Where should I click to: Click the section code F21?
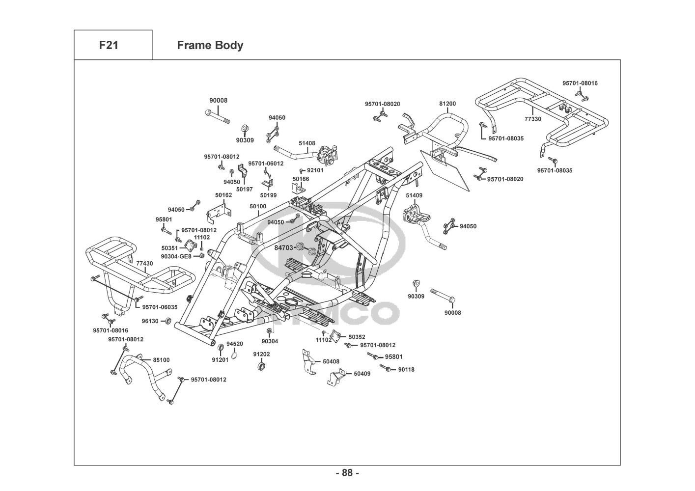point(109,45)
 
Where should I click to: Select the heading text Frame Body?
point(210,45)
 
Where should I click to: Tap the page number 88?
point(347,473)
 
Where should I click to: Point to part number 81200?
point(447,104)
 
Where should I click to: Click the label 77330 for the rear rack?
point(533,119)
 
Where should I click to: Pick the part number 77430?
point(144,264)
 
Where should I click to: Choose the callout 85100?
point(161,360)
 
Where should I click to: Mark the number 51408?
point(307,143)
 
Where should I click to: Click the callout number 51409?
point(414,195)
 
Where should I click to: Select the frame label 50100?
point(258,206)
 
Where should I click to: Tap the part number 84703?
point(284,248)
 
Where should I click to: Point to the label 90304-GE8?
point(176,256)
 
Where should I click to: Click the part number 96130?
point(150,321)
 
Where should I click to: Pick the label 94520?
point(235,344)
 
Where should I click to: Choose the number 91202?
point(261,354)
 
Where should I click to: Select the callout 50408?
point(331,361)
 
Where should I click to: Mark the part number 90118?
point(406,369)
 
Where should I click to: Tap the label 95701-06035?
point(160,307)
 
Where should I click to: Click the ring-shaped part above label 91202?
point(261,366)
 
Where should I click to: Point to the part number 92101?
point(315,170)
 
